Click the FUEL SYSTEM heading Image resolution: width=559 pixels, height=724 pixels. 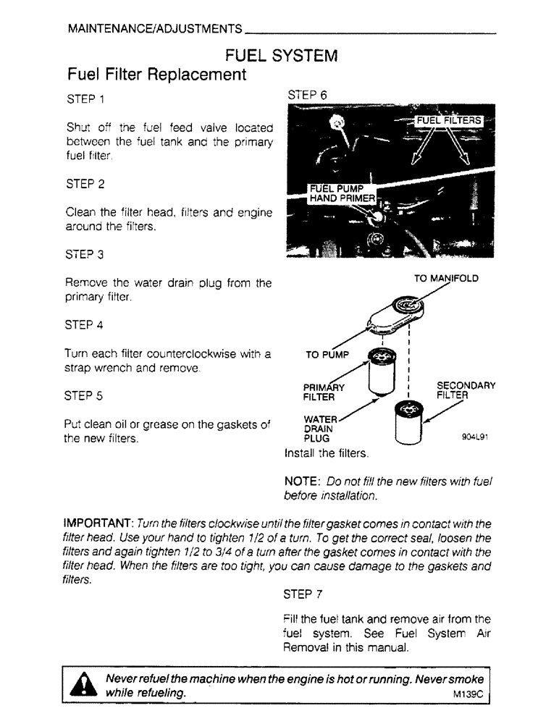coord(282,55)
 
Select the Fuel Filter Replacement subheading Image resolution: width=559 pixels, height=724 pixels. coord(156,75)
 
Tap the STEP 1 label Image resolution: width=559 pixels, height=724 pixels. coord(85,98)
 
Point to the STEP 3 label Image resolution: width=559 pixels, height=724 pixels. coord(85,255)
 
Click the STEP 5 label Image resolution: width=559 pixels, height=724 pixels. coord(85,396)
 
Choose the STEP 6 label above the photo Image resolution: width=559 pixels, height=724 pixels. coord(308,95)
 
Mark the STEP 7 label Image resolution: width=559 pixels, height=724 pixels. coord(308,595)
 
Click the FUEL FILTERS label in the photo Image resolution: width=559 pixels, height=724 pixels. coord(447,120)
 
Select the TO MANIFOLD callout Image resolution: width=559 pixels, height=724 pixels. coord(446,278)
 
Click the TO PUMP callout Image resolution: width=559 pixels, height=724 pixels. coord(327,355)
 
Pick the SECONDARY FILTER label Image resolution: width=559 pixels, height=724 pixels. coord(466,391)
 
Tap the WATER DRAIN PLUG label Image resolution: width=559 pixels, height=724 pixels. coord(319,429)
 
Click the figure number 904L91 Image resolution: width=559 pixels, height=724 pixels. coord(476,437)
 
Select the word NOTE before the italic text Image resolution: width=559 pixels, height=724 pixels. coord(303,481)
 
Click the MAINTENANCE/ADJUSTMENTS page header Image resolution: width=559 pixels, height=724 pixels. coord(154,30)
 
